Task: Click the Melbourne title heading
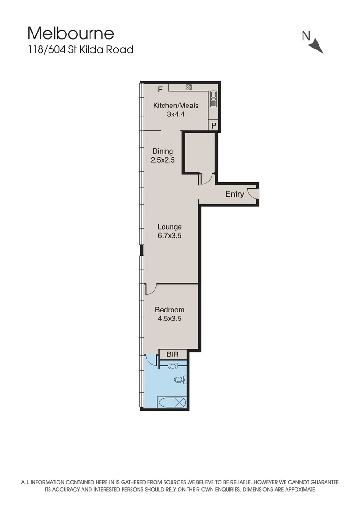pos(71,33)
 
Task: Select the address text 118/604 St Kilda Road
pos(81,49)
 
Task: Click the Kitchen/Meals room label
pos(176,105)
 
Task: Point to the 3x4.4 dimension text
pos(176,114)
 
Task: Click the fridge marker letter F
pos(160,89)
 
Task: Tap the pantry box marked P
pos(214,126)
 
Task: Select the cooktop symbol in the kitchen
pos(188,87)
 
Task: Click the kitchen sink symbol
pos(213,99)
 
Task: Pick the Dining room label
pos(163,151)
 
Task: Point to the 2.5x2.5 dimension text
pos(163,160)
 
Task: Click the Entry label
pos(235,194)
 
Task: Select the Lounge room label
pos(170,227)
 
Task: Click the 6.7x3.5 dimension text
pos(170,236)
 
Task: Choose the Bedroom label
pos(170,310)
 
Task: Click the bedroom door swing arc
pos(150,288)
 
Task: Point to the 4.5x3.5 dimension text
pos(170,319)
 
